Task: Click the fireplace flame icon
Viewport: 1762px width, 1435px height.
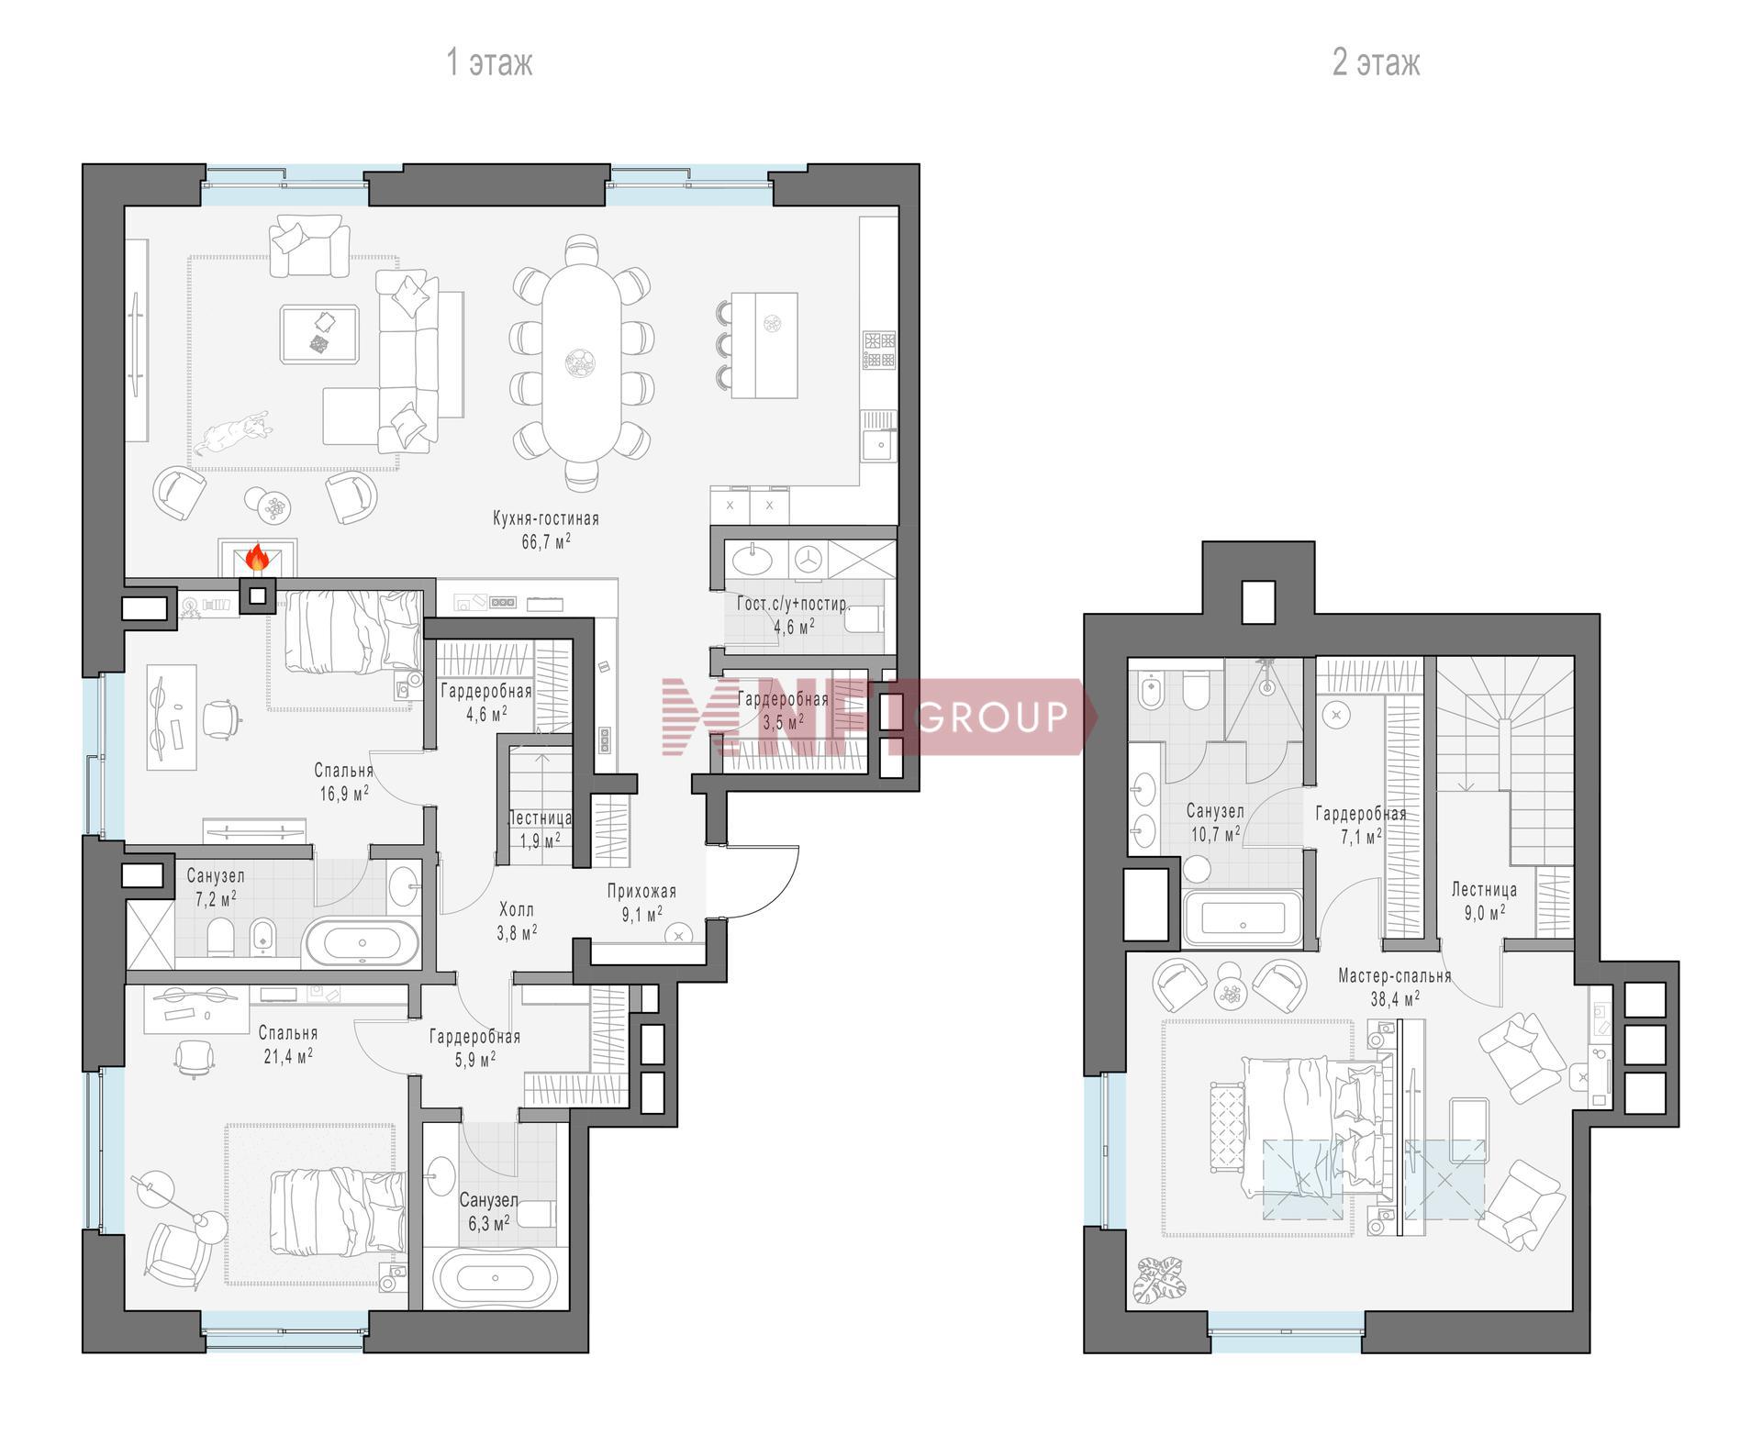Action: coord(257,558)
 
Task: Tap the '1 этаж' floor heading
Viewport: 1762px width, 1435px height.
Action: coord(489,62)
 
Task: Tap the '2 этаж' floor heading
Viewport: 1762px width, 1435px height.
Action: coord(1376,62)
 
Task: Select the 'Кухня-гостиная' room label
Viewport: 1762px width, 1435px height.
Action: coord(546,518)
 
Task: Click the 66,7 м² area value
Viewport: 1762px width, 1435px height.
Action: coord(546,541)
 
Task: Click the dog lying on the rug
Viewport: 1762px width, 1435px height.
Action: coord(234,431)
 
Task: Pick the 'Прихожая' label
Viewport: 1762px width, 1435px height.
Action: coord(641,891)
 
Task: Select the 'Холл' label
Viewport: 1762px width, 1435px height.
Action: coord(517,909)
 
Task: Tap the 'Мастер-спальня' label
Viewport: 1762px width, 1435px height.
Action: coord(1395,975)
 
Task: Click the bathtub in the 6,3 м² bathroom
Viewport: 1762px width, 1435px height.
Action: coord(496,1277)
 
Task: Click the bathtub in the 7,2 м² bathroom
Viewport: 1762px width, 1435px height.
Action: coord(362,943)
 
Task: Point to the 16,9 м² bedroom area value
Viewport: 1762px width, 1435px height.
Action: coord(344,794)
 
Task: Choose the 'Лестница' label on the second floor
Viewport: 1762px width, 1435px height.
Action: coord(1484,889)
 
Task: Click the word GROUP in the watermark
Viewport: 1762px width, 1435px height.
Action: coord(993,717)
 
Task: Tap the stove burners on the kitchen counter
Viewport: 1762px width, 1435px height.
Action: coord(878,350)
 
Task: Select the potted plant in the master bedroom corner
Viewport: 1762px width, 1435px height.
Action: coord(1159,1280)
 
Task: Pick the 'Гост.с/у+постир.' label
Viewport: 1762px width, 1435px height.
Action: coord(794,605)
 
